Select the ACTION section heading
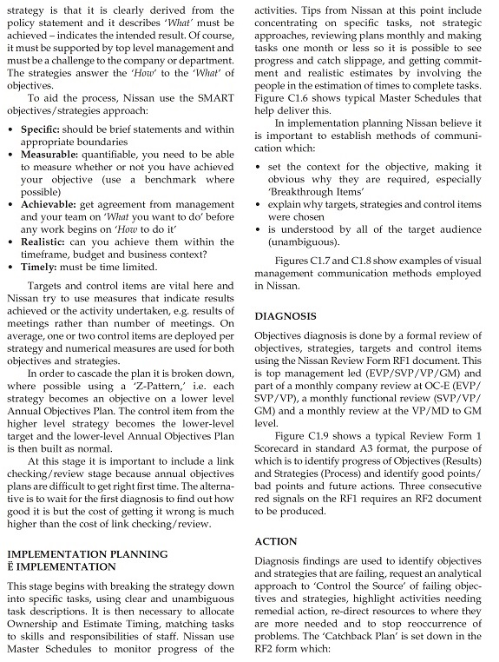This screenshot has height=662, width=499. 277,541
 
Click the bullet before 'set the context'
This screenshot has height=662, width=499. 259,166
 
